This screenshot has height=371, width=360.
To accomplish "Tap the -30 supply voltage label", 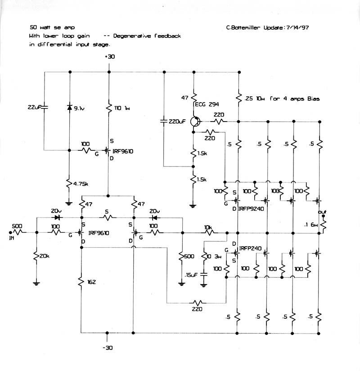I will [107, 348].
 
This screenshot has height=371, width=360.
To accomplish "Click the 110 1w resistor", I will [109, 108].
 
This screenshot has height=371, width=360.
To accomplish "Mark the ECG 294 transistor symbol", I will [194, 122].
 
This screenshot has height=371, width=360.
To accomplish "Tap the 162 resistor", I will [81, 282].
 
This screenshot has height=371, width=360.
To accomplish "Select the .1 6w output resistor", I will [322, 224].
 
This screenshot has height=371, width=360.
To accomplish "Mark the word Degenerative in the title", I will [134, 36].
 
